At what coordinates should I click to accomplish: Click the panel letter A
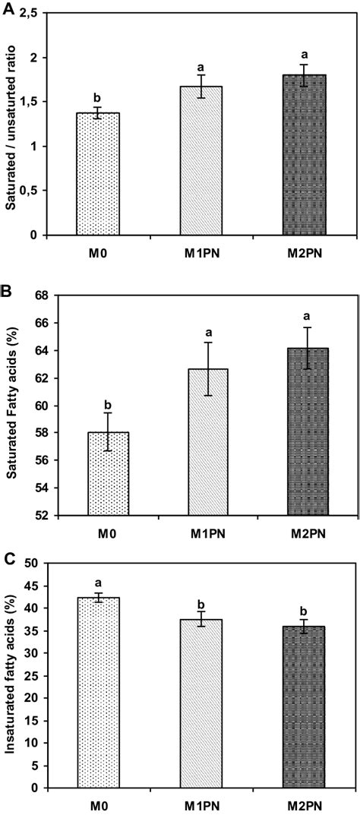coord(8,8)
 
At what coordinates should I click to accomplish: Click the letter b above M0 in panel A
coord(98,97)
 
